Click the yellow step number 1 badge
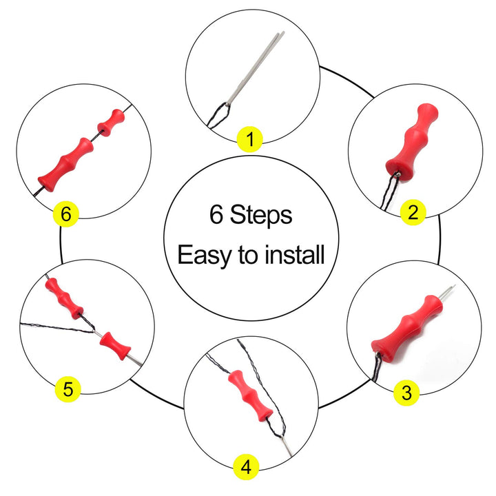pyautogui.click(x=250, y=141)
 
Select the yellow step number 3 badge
pyautogui.click(x=406, y=393)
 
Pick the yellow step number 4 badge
pyautogui.click(x=246, y=468)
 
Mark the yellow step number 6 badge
pyautogui.click(x=65, y=216)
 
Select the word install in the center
pyautogui.click(x=291, y=255)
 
